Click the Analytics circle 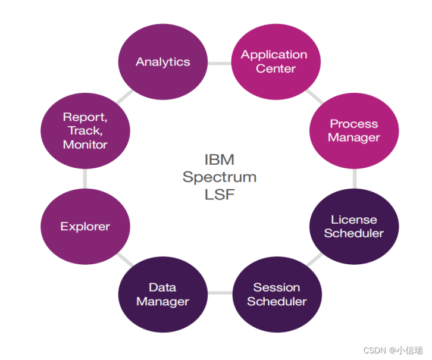click(162, 62)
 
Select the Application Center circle click(275, 62)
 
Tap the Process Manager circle click(355, 130)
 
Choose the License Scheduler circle click(354, 227)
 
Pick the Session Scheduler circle click(277, 295)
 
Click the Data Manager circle click(162, 295)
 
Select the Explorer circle click(85, 227)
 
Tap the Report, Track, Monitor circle click(85, 130)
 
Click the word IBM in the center click(220, 159)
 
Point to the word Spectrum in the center click(220, 177)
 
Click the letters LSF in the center click(220, 194)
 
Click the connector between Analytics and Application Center click(219, 62)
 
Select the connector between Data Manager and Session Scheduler click(220, 292)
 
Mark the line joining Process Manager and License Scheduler click(355, 179)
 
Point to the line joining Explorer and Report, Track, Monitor click(85, 179)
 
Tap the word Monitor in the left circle click(85, 145)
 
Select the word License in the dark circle click(354, 220)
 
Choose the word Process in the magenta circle click(354, 124)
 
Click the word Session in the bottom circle click(277, 287)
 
